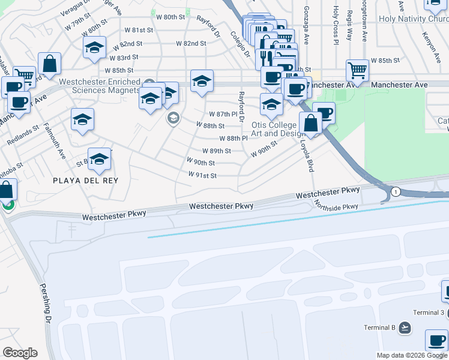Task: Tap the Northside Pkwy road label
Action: click(336, 206)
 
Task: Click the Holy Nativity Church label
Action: click(413, 18)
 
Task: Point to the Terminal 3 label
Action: click(429, 313)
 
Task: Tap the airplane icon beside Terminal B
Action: click(405, 328)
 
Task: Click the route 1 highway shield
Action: click(396, 191)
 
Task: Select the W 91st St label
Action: click(202, 175)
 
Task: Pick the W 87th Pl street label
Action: click(223, 114)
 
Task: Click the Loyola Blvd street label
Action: click(310, 157)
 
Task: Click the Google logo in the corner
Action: click(19, 353)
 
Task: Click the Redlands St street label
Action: click(22, 135)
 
